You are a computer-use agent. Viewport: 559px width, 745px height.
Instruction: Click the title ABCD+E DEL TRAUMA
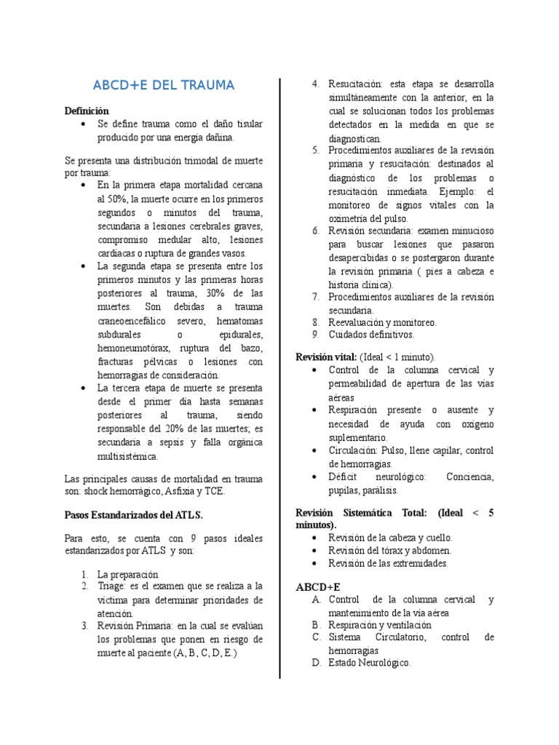point(164,86)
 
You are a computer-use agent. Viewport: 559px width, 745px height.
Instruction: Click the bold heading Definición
point(87,111)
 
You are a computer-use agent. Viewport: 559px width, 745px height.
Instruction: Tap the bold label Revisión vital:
point(326,357)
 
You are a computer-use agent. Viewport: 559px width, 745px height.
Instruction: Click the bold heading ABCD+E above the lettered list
point(317,586)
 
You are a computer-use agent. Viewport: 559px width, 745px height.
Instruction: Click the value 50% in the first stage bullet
point(109,199)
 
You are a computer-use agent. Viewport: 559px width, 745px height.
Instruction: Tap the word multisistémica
point(127,457)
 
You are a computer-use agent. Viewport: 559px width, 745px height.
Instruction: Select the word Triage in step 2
point(111,586)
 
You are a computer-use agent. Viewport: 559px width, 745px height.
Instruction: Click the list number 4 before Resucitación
point(315,84)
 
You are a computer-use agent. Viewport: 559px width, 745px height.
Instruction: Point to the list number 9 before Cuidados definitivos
point(315,335)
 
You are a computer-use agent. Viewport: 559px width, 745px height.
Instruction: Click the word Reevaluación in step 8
point(359,322)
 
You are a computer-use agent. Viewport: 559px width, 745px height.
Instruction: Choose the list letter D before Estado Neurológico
point(316,663)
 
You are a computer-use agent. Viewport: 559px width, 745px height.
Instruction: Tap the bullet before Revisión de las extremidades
point(313,564)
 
